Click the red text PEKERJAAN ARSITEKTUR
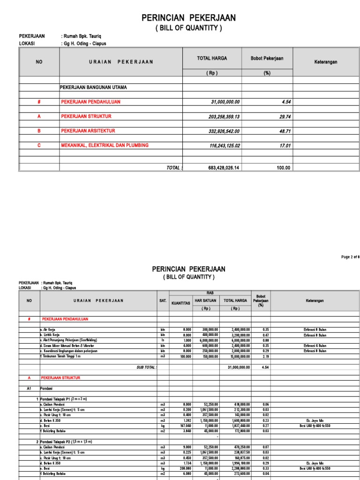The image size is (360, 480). (88, 131)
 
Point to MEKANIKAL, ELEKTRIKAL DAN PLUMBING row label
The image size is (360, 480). (105, 145)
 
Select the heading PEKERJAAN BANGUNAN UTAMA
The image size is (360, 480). (93, 87)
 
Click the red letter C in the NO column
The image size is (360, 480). (39, 146)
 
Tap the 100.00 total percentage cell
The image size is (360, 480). (283, 168)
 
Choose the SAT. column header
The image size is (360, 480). (163, 300)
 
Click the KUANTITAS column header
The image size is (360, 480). (180, 303)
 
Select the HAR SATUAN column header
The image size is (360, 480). (206, 300)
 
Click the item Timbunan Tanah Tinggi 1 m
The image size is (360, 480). (61, 356)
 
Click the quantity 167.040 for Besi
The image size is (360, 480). (185, 426)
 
